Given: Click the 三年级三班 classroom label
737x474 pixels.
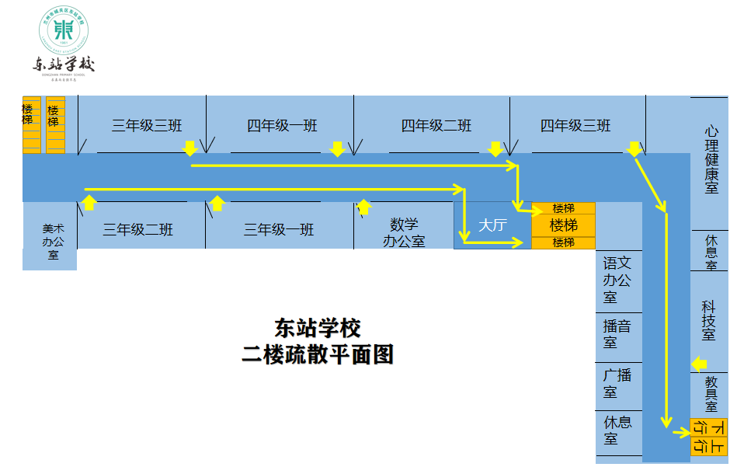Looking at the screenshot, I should [147, 126].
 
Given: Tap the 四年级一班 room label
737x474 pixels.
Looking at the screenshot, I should [282, 126].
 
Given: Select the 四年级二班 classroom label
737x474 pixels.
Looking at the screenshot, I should [436, 126].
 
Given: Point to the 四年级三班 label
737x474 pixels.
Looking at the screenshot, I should [575, 126].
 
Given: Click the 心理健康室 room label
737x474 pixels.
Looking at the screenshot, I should [711, 160].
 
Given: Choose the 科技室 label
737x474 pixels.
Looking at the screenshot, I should [709, 319].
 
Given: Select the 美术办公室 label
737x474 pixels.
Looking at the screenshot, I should [54, 242].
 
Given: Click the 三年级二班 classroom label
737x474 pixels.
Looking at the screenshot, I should [138, 230].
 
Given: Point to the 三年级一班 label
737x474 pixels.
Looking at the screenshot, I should [279, 230].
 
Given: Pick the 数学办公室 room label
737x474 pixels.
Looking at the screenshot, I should [404, 232].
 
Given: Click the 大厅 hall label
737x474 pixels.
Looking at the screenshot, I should [492, 226].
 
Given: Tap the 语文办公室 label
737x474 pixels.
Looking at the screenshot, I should [617, 280].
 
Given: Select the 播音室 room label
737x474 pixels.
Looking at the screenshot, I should [617, 334].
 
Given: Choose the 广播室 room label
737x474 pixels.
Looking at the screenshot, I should [617, 383].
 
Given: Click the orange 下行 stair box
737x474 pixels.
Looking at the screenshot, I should [708, 427].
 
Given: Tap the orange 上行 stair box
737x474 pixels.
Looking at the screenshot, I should [708, 446].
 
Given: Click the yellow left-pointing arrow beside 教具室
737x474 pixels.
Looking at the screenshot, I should [699, 364].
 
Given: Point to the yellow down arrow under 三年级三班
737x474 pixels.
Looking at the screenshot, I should [190, 148].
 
